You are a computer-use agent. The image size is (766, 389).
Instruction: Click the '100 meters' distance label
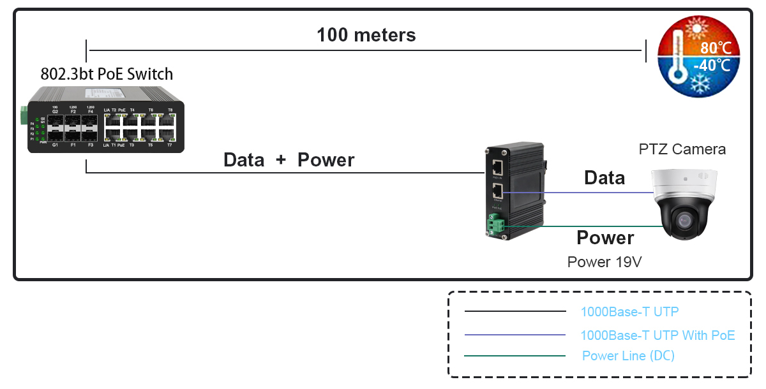pos(366,34)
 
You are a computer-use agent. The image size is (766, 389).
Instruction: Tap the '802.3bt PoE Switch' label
pos(107,74)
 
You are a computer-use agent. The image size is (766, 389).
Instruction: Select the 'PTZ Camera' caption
pos(682,149)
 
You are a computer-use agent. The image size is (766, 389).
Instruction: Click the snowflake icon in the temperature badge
pos(701,83)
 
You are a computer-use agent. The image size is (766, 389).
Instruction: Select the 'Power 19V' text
pos(604,261)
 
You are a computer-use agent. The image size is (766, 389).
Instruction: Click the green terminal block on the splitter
pos(497,224)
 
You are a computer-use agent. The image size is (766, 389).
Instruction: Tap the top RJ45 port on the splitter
pos(497,168)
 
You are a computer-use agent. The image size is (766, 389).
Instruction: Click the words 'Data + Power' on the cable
pos(289,160)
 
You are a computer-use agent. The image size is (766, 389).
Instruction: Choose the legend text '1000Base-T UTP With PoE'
pos(657,335)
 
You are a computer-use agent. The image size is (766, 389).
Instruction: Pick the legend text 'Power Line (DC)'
pos(628,356)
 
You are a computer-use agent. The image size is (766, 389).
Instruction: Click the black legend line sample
pos(515,312)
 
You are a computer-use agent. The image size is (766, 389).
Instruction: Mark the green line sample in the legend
pos(515,356)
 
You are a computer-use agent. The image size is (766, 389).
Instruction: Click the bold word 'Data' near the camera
pos(604,178)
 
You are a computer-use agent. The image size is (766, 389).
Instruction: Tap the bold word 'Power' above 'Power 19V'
pos(605,238)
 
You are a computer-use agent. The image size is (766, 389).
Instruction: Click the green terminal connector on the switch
pos(25,115)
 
